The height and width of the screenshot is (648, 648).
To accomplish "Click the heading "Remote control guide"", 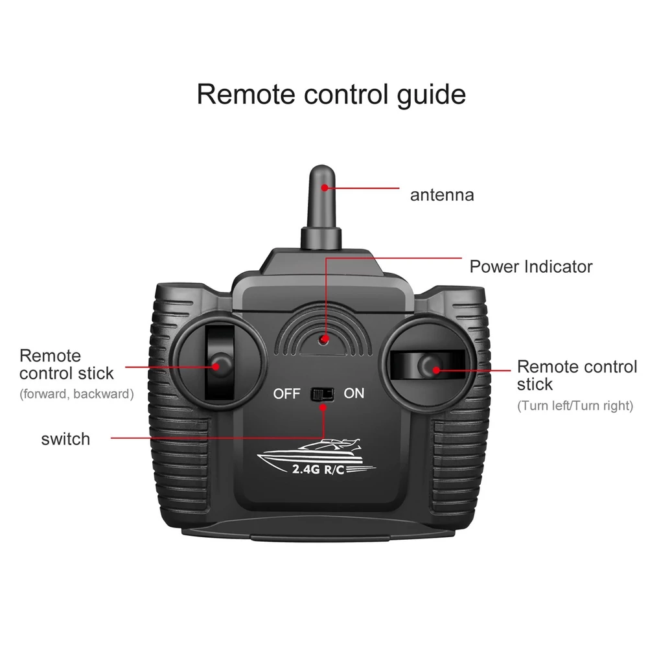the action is [x=331, y=95].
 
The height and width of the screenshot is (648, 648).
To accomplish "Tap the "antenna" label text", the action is [x=442, y=195].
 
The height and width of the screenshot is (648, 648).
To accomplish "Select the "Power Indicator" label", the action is [x=531, y=266].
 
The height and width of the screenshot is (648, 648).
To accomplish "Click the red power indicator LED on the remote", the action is [x=323, y=340].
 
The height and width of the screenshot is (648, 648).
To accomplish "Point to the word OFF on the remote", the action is [x=286, y=393].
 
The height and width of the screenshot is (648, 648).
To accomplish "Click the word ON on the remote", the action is [x=354, y=393].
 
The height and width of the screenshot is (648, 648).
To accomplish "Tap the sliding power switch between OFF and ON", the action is [x=322, y=394].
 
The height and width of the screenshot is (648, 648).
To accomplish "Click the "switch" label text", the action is [x=65, y=439].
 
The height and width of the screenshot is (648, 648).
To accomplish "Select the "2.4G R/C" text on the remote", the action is [x=318, y=469].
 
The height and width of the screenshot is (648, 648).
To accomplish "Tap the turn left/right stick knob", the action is [x=430, y=366].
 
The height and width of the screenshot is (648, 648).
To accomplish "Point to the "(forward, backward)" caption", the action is [x=77, y=394].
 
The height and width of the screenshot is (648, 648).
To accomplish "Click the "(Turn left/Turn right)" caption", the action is [x=575, y=406].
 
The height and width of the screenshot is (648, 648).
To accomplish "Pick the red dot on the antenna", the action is [x=325, y=188].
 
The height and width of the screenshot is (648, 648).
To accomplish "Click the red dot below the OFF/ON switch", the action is [x=323, y=408].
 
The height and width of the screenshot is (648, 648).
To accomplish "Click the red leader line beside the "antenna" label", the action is [x=362, y=188].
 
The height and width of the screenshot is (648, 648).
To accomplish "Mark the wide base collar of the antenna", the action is [x=321, y=237].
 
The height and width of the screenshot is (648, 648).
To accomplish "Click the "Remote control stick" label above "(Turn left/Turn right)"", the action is [x=577, y=375].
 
